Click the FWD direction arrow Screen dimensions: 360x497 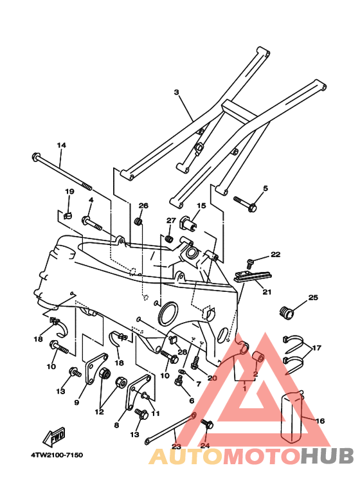[54, 437]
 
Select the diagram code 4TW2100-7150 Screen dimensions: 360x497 [57, 455]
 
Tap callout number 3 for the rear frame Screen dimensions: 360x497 [177, 92]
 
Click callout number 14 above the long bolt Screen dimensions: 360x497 [62, 145]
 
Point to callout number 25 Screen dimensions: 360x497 [313, 297]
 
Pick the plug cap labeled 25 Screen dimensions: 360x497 [287, 312]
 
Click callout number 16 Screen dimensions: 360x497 [320, 420]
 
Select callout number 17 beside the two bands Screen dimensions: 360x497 [316, 348]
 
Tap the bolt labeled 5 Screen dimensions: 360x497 [245, 203]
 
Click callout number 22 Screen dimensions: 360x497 [275, 254]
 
